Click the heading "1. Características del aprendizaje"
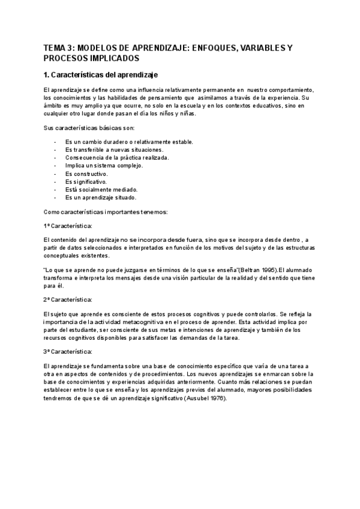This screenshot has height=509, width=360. [100, 75]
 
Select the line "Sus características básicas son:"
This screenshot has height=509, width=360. [89, 128]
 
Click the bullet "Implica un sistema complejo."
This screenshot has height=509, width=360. [104, 165]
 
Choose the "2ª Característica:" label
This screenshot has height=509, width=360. [67, 299]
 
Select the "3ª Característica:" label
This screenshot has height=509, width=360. [67, 351]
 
